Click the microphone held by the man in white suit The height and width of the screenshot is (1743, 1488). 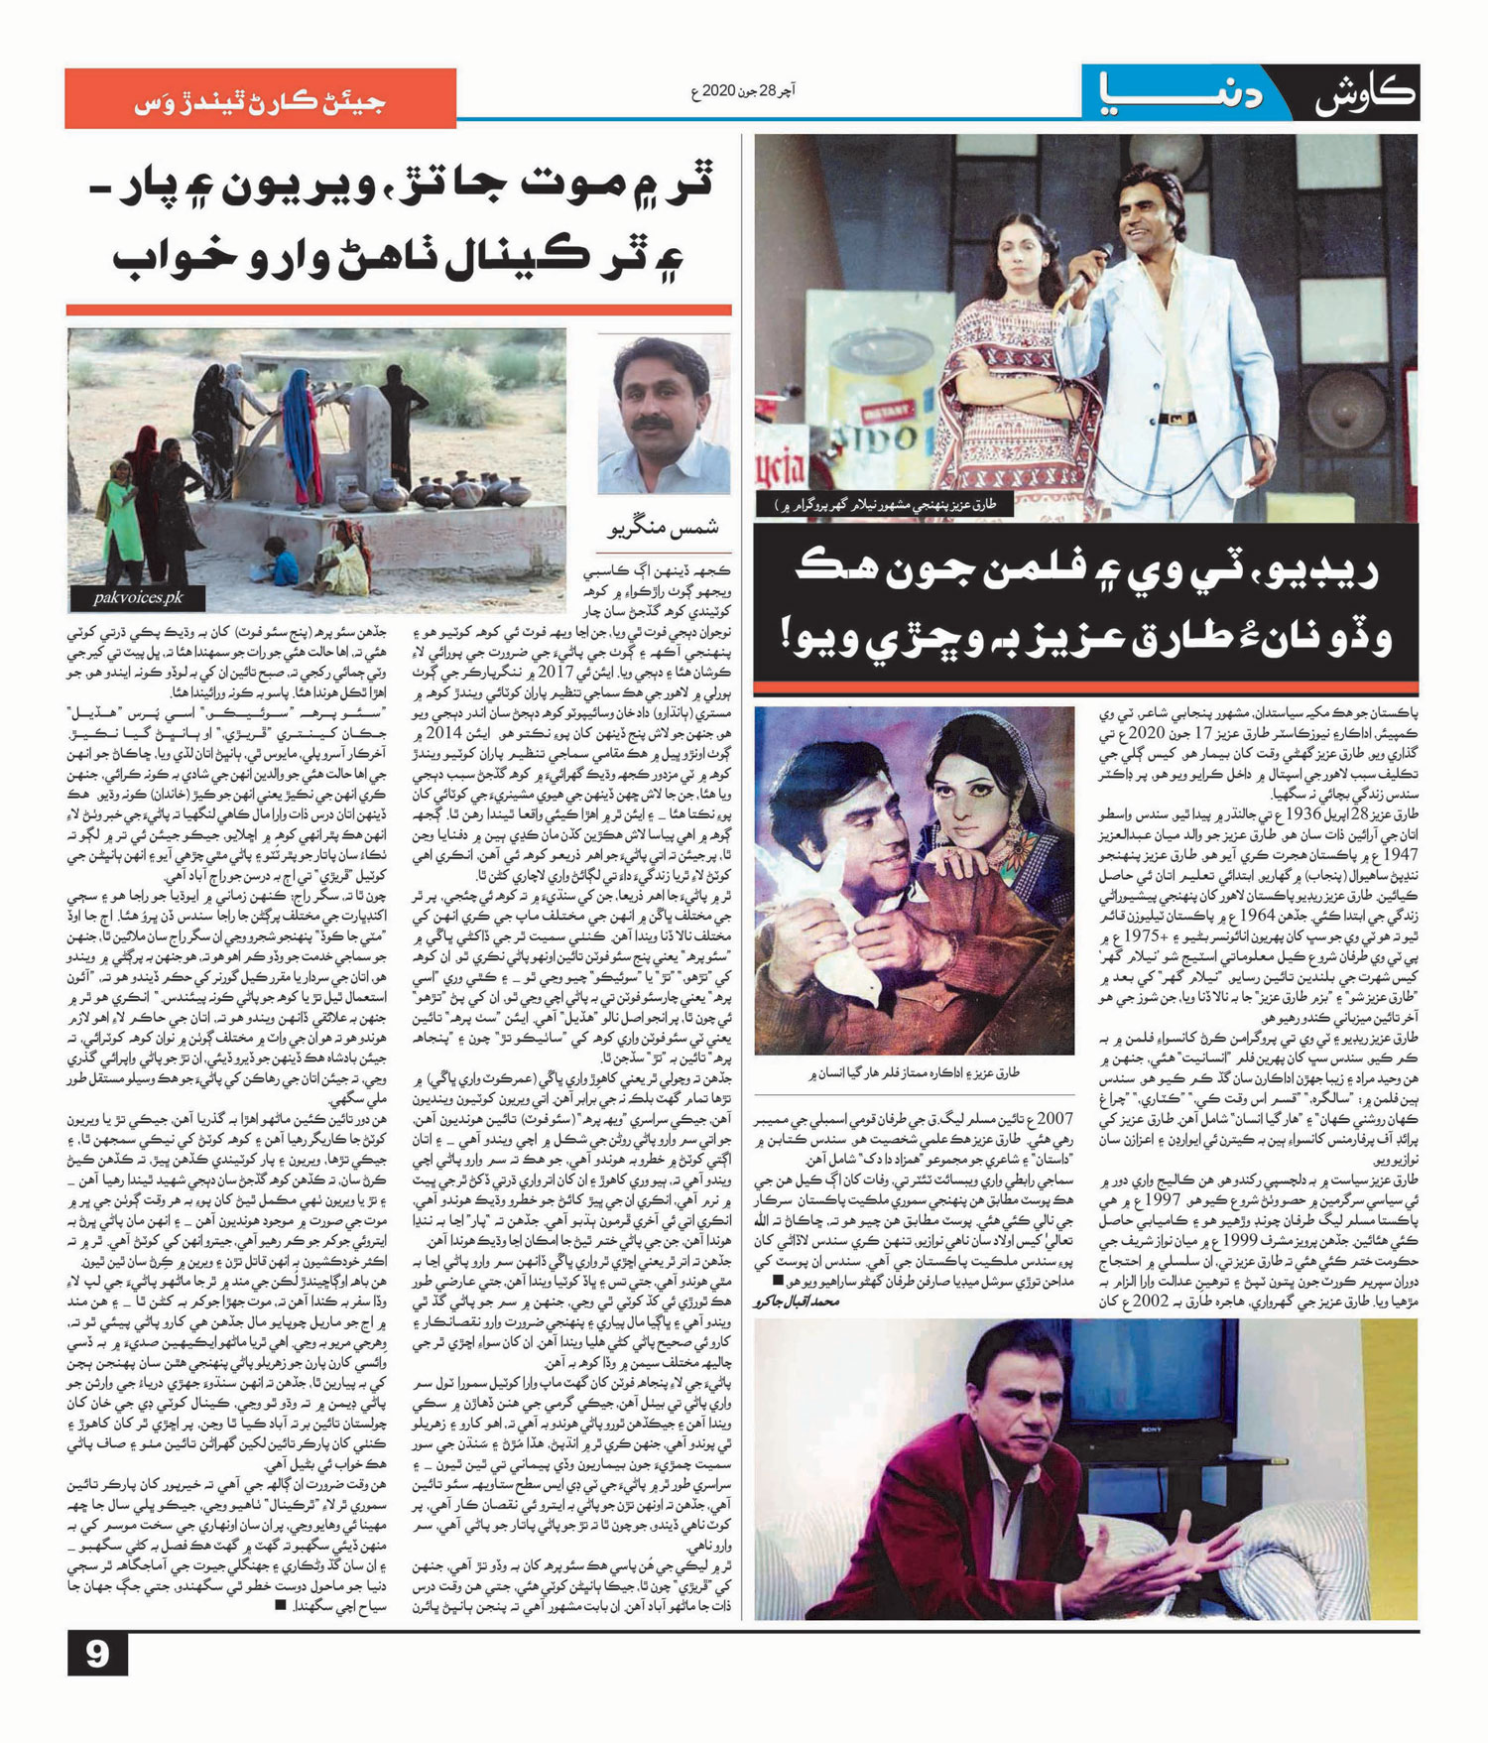coord(1073,282)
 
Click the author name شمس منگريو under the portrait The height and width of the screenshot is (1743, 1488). coord(663,529)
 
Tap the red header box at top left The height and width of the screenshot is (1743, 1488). coord(260,99)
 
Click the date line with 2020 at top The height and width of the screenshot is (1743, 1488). coord(743,92)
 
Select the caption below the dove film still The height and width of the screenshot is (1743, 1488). coord(913,1072)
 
